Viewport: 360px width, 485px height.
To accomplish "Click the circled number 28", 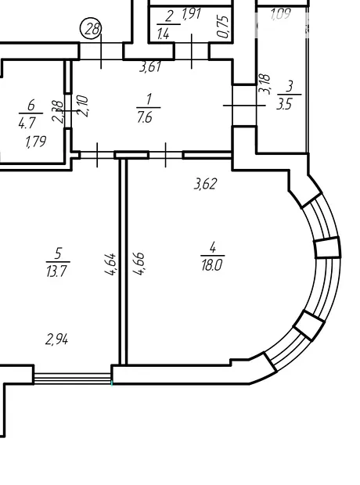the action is coord(90,29).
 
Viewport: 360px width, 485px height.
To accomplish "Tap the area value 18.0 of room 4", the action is coord(212,265).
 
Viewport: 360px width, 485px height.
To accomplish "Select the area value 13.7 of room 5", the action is coord(56,272).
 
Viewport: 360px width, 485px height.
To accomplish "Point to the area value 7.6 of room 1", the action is coord(146,117).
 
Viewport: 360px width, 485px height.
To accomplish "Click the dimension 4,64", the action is coord(110,264).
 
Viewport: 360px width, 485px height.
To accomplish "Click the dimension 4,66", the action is coord(139,264).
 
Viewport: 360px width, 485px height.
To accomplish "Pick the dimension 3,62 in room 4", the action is coord(206,184).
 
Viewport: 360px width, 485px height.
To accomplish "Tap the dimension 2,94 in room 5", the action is coord(56,339).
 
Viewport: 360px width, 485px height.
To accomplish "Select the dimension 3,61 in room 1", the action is coord(150,66).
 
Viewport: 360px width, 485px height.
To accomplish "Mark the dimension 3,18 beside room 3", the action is coord(265,84).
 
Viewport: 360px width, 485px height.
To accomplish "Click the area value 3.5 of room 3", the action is coord(284,105).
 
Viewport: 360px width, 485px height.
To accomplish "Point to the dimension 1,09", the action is coord(281,14).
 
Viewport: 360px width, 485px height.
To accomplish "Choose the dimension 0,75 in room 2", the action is coord(224,27).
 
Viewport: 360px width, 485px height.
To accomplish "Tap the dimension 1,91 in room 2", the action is coord(192,14).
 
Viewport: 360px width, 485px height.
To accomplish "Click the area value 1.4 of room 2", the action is coord(164,34).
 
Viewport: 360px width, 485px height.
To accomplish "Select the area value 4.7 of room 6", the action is coord(27,124).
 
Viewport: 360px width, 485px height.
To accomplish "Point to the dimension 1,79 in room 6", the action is coord(36,142).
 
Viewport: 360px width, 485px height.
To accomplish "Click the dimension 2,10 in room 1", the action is coord(84,106).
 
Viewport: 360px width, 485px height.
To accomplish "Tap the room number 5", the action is coord(59,253).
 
